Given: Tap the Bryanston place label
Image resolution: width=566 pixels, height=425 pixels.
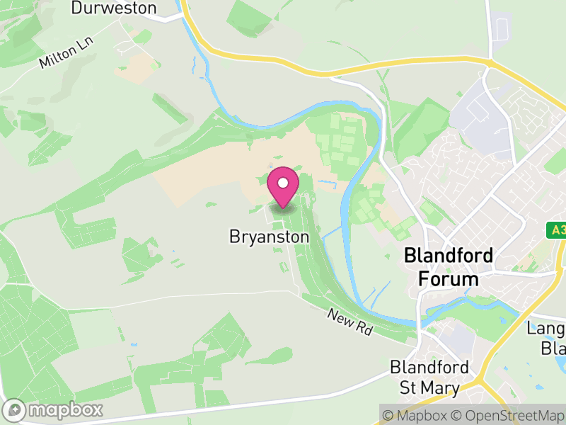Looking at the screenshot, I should click(x=270, y=237).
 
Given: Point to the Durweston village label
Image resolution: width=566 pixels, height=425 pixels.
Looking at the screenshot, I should click(x=114, y=8).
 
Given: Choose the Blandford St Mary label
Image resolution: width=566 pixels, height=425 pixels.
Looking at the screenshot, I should click(x=429, y=378).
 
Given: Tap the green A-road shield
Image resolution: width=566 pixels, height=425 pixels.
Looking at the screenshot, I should click(x=558, y=230).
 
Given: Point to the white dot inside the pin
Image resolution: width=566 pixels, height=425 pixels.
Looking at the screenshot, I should click(x=283, y=183).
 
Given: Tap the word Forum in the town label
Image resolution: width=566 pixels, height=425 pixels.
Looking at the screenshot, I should click(x=449, y=278).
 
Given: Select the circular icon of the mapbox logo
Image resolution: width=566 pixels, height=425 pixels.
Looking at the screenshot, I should click(x=16, y=409).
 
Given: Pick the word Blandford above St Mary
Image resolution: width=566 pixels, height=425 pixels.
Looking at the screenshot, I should click(x=429, y=368).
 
